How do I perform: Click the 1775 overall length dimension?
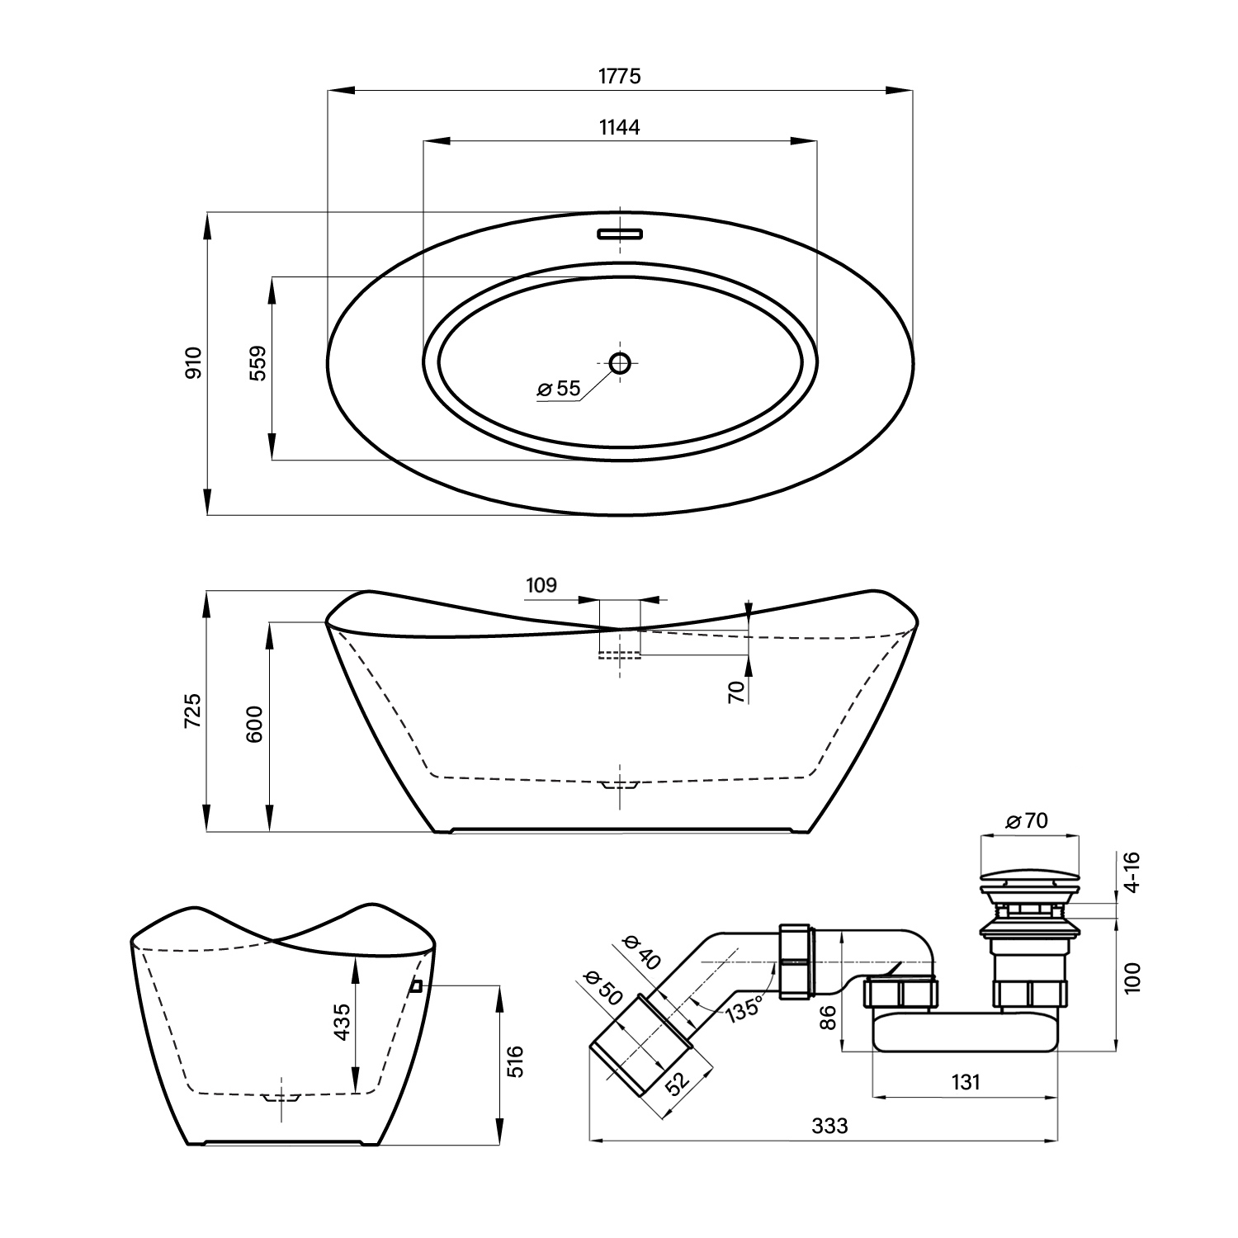coord(620,76)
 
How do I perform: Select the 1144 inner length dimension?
coord(620,127)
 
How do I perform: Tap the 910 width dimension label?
coord(193,362)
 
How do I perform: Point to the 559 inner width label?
coord(258,362)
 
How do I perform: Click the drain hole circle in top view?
coord(620,361)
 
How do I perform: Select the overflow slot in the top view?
coord(620,234)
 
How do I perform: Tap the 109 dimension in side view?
coord(541,585)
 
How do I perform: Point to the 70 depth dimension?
coord(737,691)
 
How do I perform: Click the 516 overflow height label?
coord(513,1061)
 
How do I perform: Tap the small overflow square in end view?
coord(417,985)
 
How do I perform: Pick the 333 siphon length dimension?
coord(829,1125)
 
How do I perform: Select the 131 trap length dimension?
coord(965,1082)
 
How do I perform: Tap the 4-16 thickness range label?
coord(1132,872)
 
